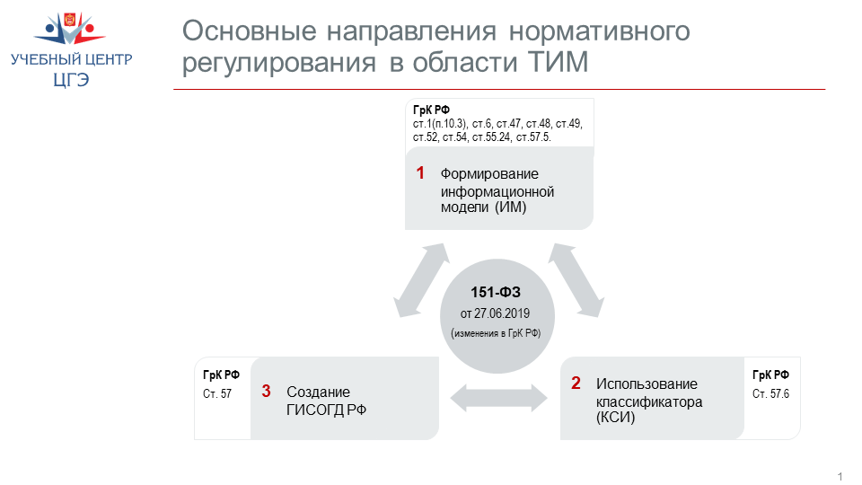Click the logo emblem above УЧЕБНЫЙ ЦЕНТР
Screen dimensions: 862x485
click(70, 28)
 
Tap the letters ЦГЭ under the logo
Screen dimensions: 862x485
click(71, 80)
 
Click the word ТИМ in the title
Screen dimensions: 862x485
click(558, 62)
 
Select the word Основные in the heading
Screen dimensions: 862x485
click(249, 31)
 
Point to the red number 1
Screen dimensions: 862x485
click(420, 172)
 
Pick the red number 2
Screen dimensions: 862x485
click(576, 383)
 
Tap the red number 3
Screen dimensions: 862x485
click(266, 391)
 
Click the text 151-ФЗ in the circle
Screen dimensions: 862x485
click(496, 292)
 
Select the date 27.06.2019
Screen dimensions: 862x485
click(502, 313)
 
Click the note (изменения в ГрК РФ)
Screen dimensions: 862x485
click(496, 333)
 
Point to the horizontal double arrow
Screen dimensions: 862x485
click(498, 398)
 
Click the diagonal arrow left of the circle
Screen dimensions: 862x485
click(422, 280)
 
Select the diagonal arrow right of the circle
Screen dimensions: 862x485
click(576, 280)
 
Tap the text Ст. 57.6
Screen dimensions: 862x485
click(770, 393)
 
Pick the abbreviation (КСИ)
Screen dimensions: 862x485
click(615, 418)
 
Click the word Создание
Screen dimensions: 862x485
click(318, 392)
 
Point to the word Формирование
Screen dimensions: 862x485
click(489, 173)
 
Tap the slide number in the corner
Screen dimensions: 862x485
click(840, 477)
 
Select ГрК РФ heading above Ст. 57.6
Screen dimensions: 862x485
click(770, 375)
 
